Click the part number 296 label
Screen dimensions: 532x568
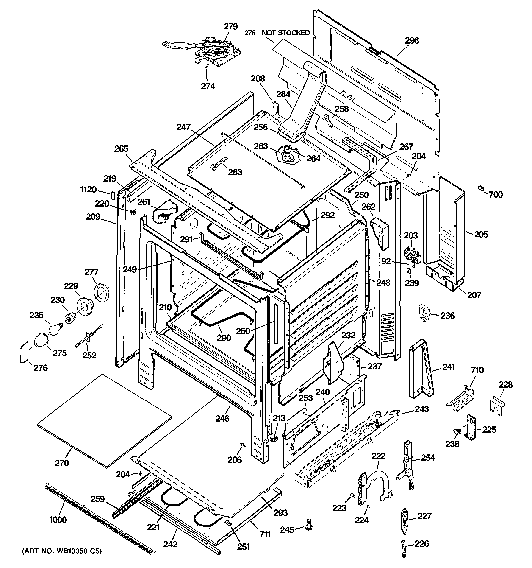click(x=411, y=41)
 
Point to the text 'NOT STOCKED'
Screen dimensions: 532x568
click(x=286, y=33)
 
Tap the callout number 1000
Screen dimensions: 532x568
click(x=58, y=520)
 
